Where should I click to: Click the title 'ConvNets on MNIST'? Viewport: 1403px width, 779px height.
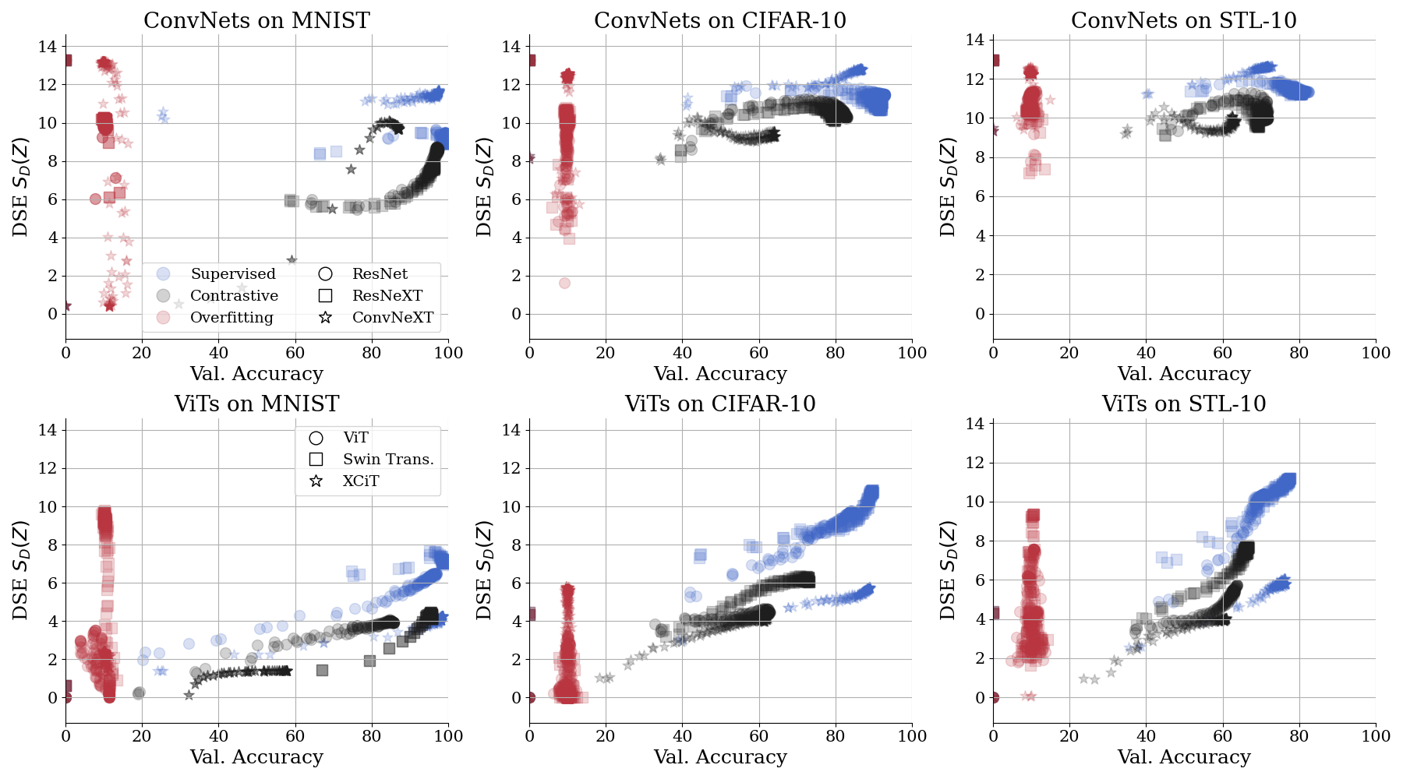256,21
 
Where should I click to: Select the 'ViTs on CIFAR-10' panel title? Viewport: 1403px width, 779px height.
720,404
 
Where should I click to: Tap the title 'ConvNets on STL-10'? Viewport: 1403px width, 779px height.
1183,21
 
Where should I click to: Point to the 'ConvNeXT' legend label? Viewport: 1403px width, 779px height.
392,318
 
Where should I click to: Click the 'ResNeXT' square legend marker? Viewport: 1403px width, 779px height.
326,296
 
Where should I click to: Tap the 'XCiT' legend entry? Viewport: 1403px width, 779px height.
361,481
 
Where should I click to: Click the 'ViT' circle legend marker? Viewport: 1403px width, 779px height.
316,438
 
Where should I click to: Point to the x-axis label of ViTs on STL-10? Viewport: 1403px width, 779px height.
1183,757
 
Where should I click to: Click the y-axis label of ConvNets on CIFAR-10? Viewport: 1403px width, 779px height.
485,187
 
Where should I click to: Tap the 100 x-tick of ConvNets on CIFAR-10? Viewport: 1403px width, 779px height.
912,353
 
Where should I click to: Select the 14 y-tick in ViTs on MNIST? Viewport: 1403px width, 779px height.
48,430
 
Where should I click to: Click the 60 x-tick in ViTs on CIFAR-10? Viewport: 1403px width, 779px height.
759,736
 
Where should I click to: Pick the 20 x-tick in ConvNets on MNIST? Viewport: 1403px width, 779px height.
142,353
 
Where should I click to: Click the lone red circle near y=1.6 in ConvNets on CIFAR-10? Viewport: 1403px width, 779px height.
564,283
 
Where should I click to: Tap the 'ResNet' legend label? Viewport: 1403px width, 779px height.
380,274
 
